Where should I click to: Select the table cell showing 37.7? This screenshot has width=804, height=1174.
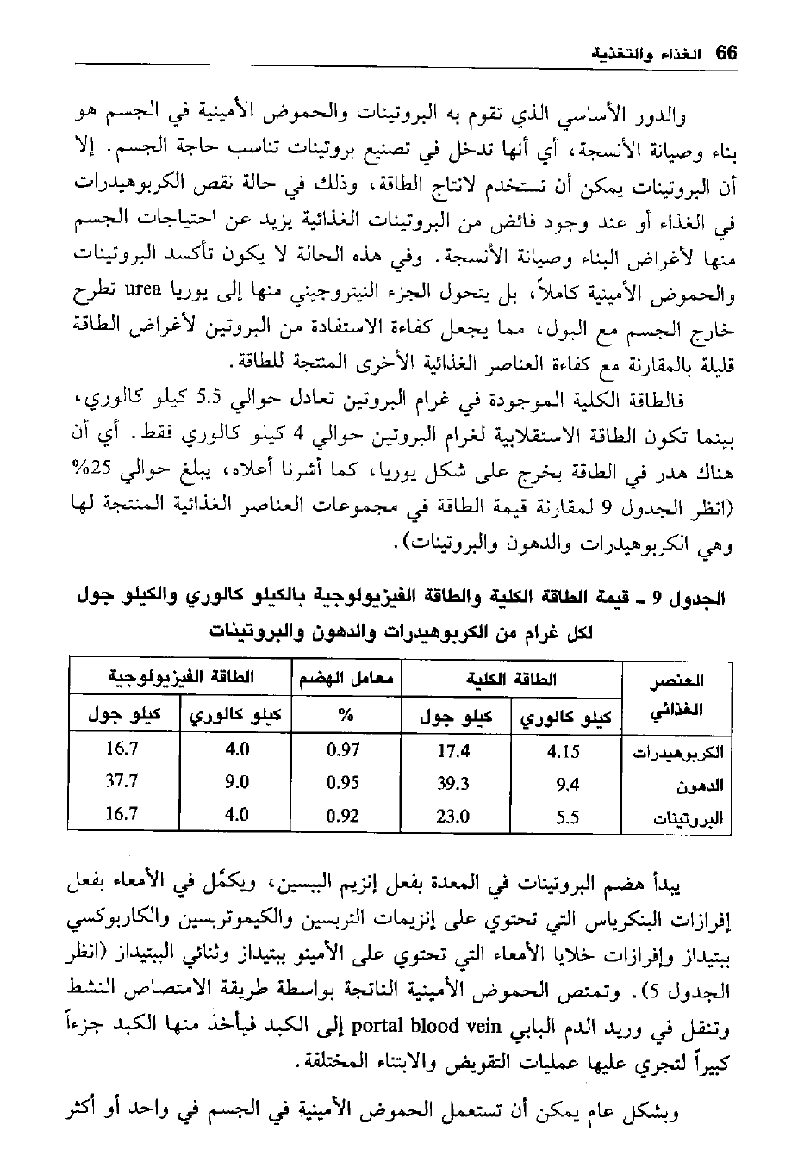pos(122,781)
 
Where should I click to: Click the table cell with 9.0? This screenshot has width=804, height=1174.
pos(236,782)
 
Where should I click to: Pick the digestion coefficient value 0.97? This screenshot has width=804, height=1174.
pos(343,749)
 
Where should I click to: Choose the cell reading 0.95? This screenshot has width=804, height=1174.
pos(343,782)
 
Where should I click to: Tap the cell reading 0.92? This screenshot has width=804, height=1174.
pos(343,815)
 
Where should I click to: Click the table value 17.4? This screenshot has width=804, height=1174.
pos(453,750)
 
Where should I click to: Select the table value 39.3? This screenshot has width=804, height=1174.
pos(453,783)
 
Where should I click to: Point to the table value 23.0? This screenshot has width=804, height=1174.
pos(453,816)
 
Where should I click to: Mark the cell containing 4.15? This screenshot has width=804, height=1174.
pos(565,750)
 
